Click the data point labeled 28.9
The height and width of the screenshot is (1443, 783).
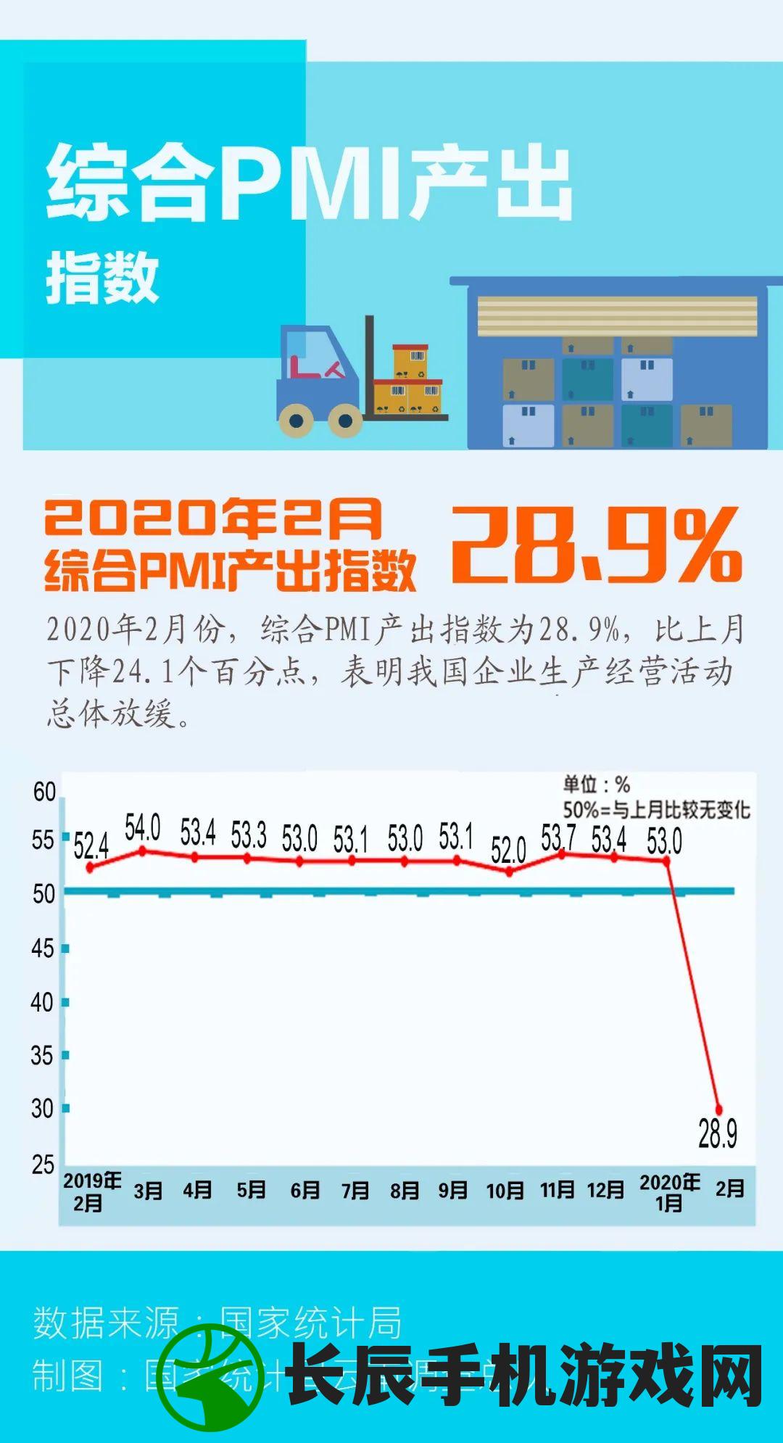[x=719, y=1109]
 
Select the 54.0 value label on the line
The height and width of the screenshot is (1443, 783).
[x=142, y=827]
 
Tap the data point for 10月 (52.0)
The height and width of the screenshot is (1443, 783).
[x=509, y=872]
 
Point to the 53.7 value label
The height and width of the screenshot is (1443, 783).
[x=558, y=838]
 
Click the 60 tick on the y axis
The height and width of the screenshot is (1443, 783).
[x=44, y=792]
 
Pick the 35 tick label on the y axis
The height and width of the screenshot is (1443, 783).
[x=42, y=1056]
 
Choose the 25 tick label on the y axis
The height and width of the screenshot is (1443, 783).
[x=43, y=1165]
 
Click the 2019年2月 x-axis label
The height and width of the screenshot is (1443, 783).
[x=91, y=1191]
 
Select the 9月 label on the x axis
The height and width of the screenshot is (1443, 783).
[x=453, y=1190]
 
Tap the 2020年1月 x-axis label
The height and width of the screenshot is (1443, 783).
[x=669, y=1192]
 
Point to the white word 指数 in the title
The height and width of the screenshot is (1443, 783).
[x=102, y=277]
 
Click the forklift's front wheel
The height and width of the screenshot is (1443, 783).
[x=345, y=420]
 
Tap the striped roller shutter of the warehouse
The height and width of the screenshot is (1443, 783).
[x=617, y=316]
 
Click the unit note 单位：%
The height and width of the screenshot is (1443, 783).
[x=597, y=784]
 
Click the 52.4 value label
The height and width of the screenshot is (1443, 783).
[x=91, y=845]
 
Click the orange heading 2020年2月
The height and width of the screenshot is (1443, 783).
[x=213, y=517]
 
